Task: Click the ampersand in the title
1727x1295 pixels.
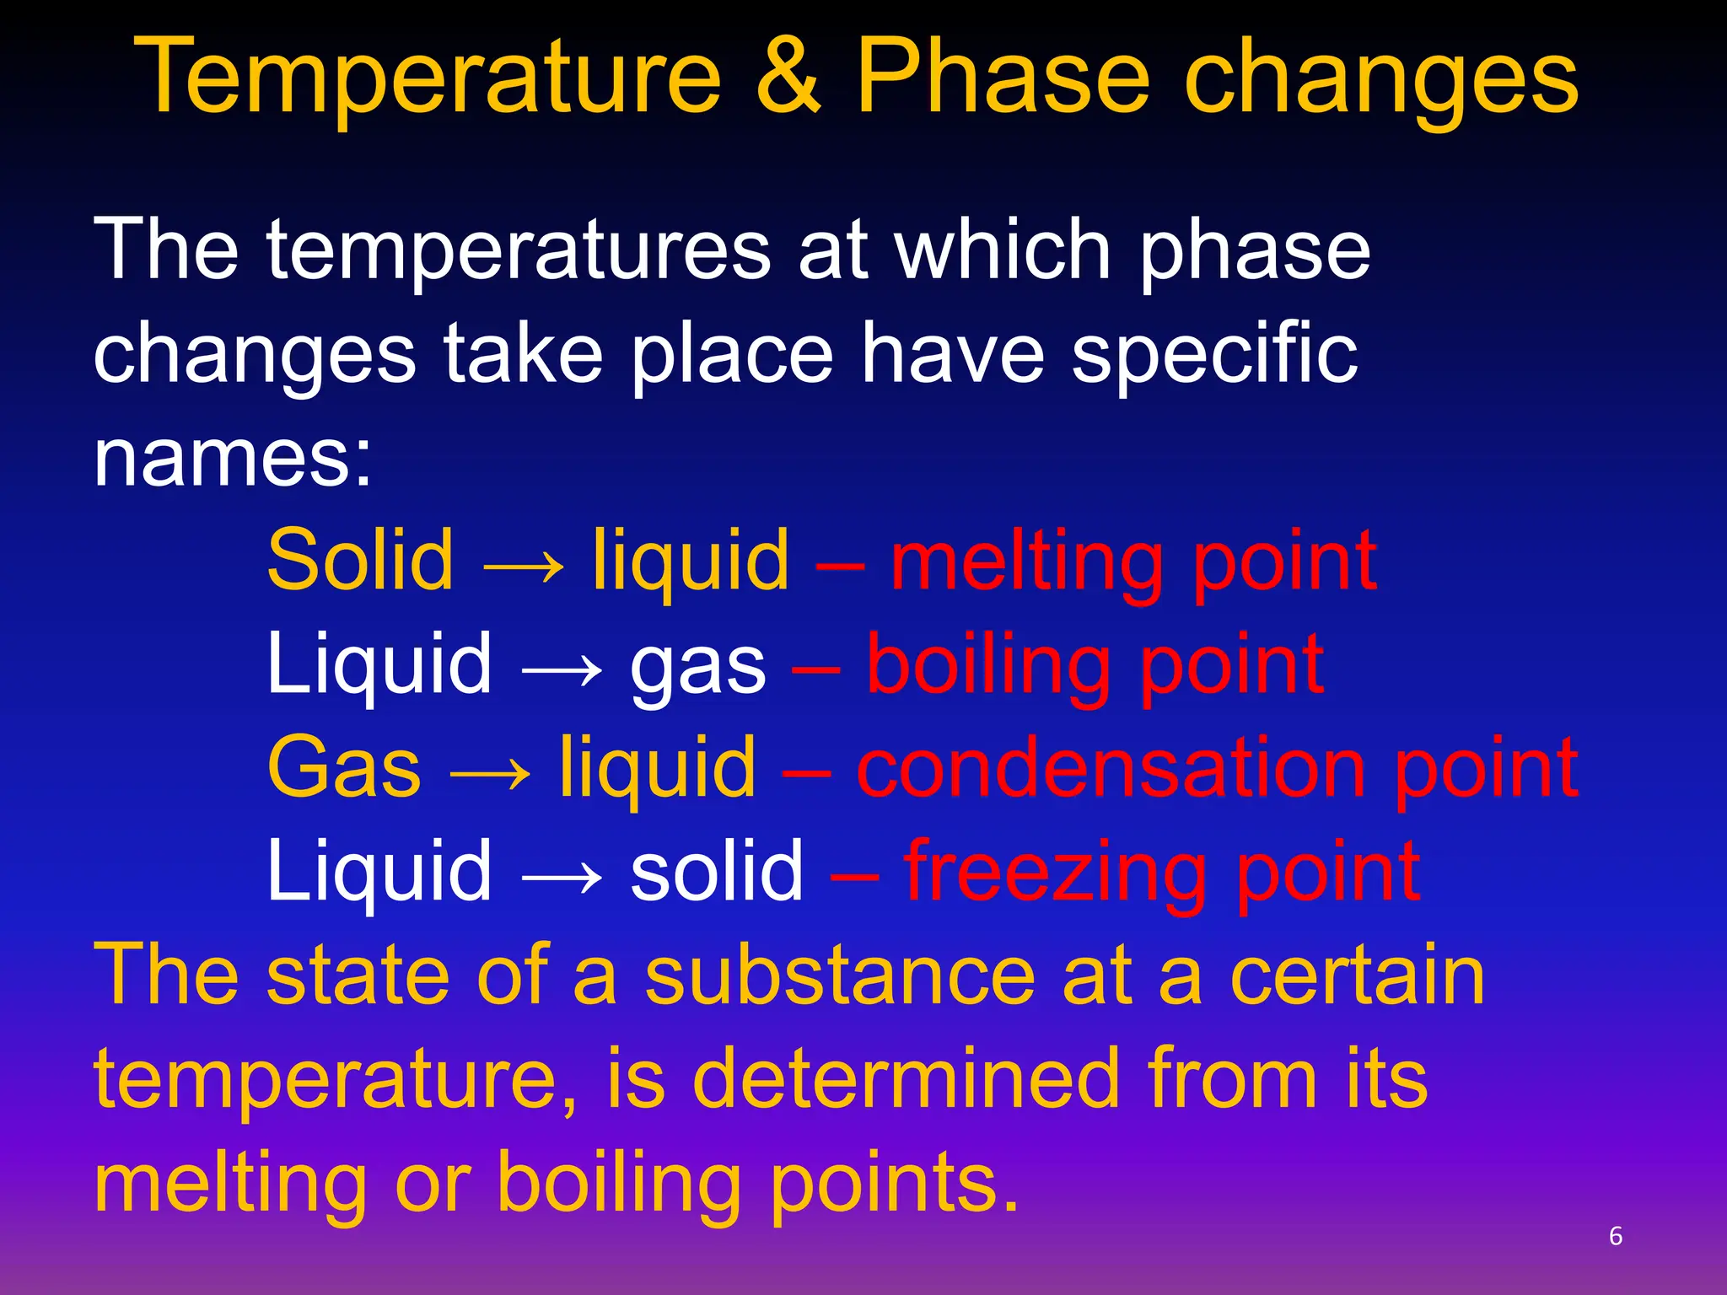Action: point(788,78)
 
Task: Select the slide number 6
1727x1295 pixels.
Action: point(1616,1236)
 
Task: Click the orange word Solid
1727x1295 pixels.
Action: point(360,561)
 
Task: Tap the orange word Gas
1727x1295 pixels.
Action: point(344,768)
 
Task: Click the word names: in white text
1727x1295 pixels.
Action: point(233,459)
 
